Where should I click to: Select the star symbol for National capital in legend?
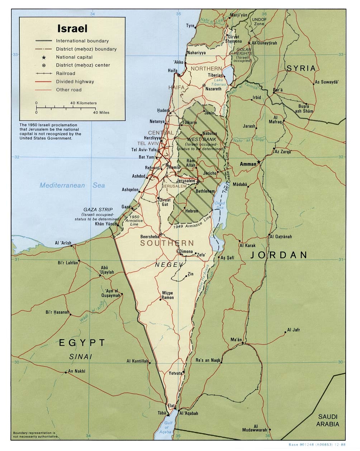[44, 57]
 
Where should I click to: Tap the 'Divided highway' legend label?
[75, 82]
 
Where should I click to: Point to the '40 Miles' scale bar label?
[101, 113]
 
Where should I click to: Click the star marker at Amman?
[259, 163]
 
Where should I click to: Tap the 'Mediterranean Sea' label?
[72, 185]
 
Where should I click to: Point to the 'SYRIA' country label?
[301, 68]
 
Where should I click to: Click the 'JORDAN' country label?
[279, 255]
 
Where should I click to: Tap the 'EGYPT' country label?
[82, 343]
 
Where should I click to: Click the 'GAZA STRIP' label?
[98, 209]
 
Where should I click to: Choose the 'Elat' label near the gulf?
[171, 405]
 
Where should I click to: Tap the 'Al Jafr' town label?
[293, 330]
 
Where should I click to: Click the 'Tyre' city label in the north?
[190, 26]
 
